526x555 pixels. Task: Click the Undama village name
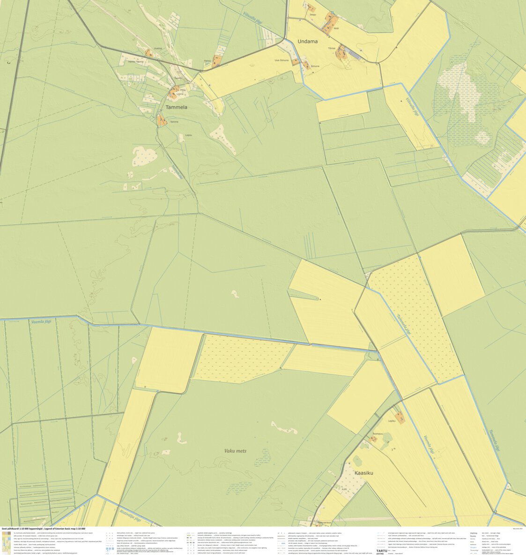point(307,41)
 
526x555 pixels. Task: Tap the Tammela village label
point(177,107)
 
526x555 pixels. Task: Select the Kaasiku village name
point(363,473)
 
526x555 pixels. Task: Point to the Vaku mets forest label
point(235,451)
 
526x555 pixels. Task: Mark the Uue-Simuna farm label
point(282,60)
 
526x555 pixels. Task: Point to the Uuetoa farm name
point(157,48)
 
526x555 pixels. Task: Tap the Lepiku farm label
point(392,420)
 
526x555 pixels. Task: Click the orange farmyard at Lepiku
point(400,416)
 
